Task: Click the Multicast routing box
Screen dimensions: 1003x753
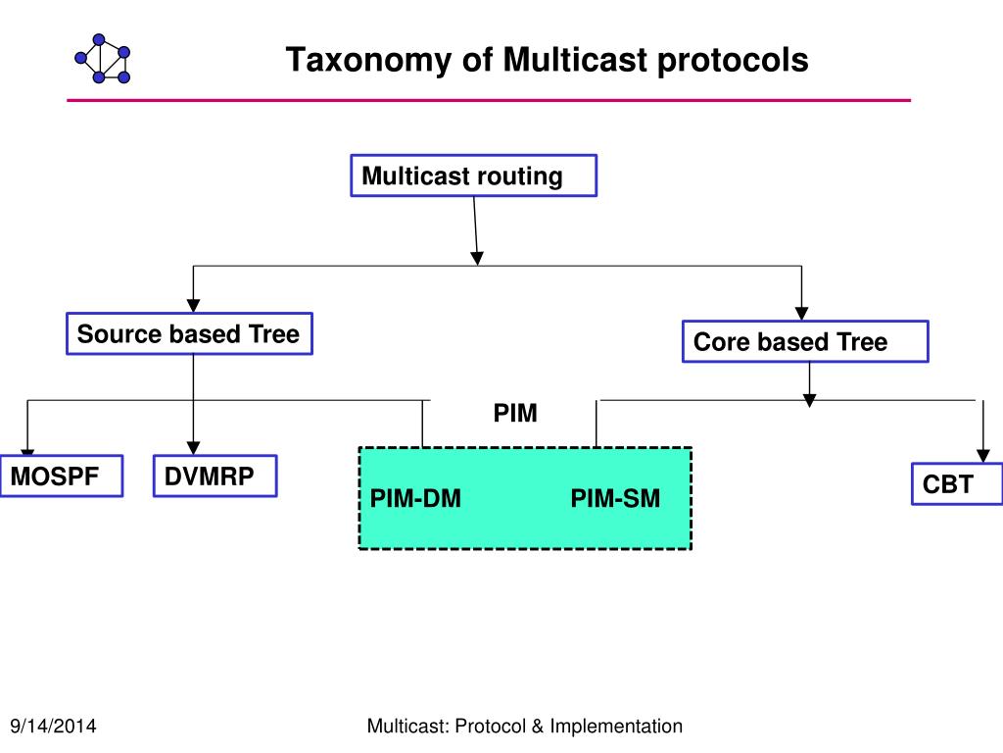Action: tap(473, 176)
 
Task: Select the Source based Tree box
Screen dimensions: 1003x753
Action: tap(189, 333)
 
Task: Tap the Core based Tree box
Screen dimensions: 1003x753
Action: tap(805, 341)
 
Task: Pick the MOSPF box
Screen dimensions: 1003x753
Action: tap(62, 476)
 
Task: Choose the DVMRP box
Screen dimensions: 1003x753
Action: tap(215, 476)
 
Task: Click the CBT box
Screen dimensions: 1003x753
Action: tap(957, 484)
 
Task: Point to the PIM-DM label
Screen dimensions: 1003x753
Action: tap(415, 498)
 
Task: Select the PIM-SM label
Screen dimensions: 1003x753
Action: tap(615, 498)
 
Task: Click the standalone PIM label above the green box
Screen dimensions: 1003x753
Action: tap(515, 413)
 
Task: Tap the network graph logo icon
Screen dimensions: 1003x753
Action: tap(102, 59)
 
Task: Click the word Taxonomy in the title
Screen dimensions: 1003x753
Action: tap(369, 61)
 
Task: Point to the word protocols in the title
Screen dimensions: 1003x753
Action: tap(733, 61)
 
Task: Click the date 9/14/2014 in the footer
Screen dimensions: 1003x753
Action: tap(53, 727)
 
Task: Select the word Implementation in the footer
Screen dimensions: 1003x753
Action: tap(616, 727)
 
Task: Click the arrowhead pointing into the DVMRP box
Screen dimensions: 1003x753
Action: tap(193, 447)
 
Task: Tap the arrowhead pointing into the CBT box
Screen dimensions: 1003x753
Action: tap(983, 455)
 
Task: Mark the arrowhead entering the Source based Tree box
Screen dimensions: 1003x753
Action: tap(193, 305)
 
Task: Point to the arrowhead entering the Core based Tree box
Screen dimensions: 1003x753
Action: tap(801, 313)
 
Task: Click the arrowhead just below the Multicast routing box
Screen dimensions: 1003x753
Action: tap(477, 258)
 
